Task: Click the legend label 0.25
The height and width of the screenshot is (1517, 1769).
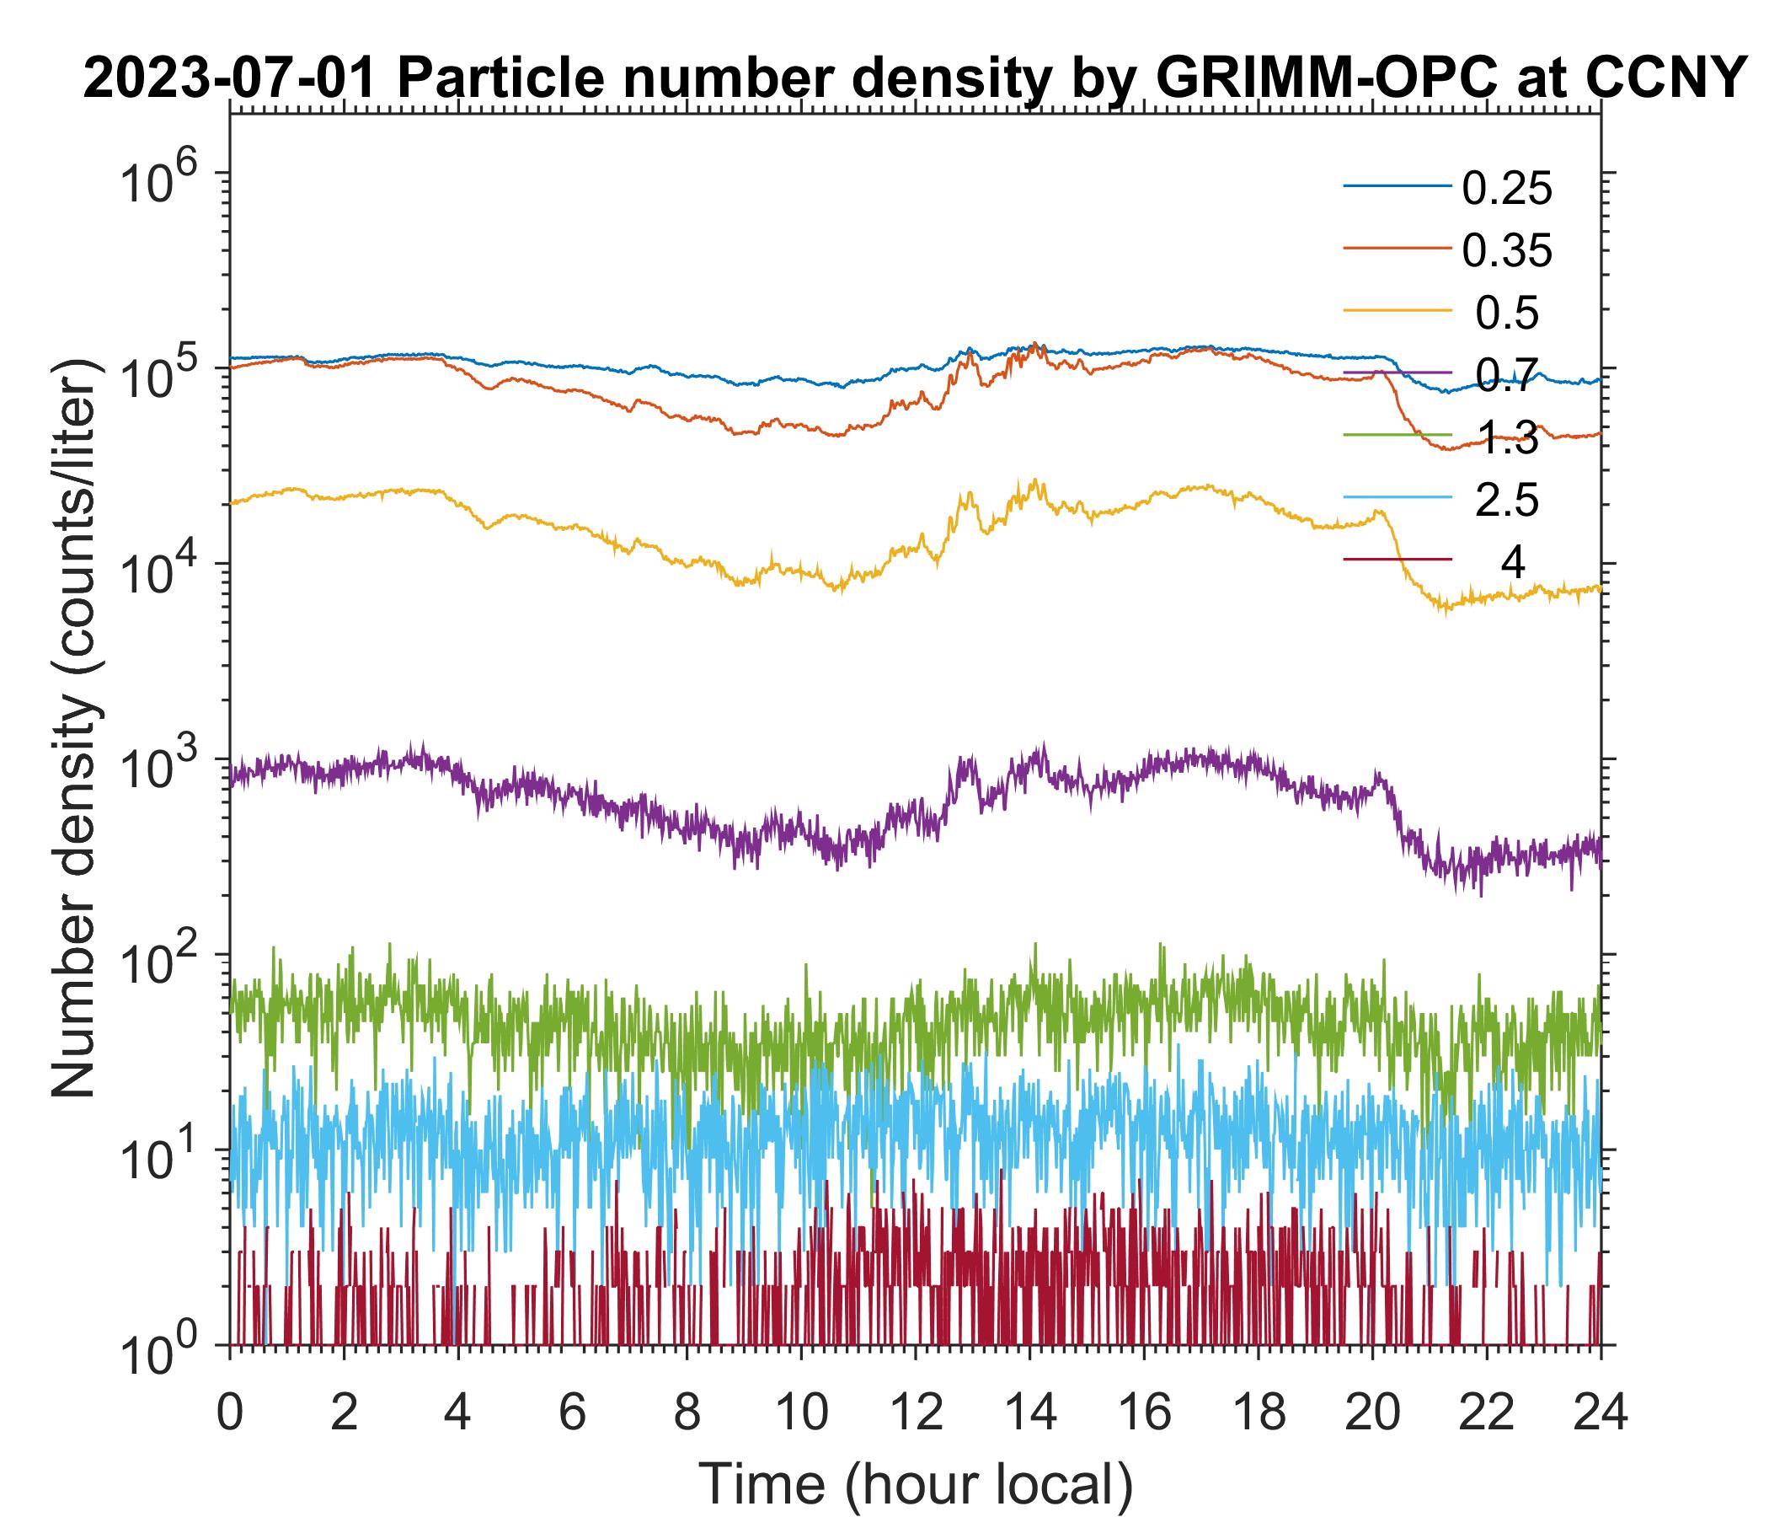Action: [1507, 189]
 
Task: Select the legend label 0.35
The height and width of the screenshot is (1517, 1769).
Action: [1507, 251]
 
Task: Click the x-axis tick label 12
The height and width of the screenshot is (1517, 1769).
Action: [915, 1412]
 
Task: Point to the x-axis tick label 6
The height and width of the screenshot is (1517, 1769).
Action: [572, 1412]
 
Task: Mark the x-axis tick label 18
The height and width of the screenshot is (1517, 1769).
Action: [1259, 1412]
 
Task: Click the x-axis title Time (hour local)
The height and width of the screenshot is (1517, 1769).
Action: [915, 1483]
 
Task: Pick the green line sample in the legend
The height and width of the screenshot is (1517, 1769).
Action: [1398, 435]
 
